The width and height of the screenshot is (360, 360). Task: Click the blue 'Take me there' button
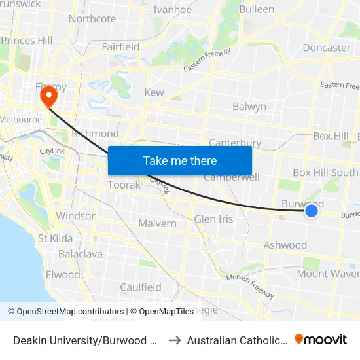pyautogui.click(x=180, y=160)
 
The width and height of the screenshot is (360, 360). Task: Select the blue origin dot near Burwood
pyautogui.click(x=312, y=210)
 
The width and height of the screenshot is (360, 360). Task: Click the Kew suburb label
pyautogui.click(x=154, y=93)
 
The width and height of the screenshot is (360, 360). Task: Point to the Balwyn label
pyautogui.click(x=249, y=106)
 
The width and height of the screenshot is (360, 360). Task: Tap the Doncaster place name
pyautogui.click(x=327, y=48)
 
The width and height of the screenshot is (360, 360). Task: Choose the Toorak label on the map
pyautogui.click(x=124, y=185)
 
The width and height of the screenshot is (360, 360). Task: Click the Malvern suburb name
pyautogui.click(x=157, y=223)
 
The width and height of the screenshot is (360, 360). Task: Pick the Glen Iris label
pyautogui.click(x=213, y=219)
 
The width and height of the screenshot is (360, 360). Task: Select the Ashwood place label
pyautogui.click(x=285, y=245)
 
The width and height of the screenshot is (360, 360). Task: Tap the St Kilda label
pyautogui.click(x=56, y=238)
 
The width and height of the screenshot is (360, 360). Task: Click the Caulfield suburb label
pyautogui.click(x=141, y=287)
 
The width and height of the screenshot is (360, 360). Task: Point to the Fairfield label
pyautogui.click(x=121, y=46)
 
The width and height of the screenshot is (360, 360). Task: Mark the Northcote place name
pyautogui.click(x=92, y=18)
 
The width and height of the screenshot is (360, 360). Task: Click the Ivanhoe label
pyautogui.click(x=172, y=9)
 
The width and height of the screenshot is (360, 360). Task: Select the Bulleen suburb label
pyautogui.click(x=257, y=9)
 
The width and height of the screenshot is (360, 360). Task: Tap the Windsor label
pyautogui.click(x=75, y=215)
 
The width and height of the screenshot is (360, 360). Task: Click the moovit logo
pyautogui.click(x=321, y=339)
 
